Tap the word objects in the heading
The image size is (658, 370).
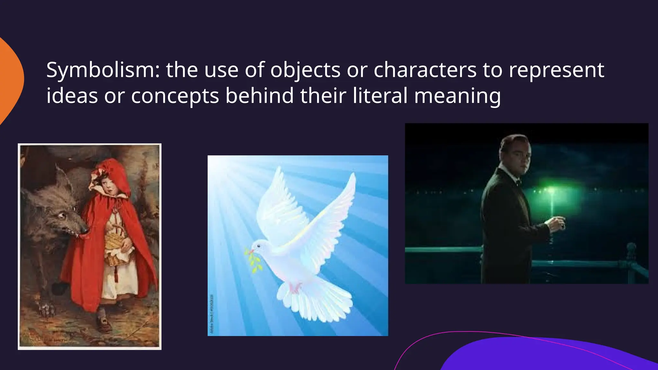pyautogui.click(x=305, y=70)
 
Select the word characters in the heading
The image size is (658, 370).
pyautogui.click(x=425, y=70)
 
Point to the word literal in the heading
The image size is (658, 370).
pyautogui.click(x=380, y=96)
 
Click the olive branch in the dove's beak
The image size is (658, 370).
pyautogui.click(x=252, y=259)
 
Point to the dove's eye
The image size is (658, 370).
pyautogui.click(x=259, y=246)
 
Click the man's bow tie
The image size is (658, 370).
pyautogui.click(x=518, y=183)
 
